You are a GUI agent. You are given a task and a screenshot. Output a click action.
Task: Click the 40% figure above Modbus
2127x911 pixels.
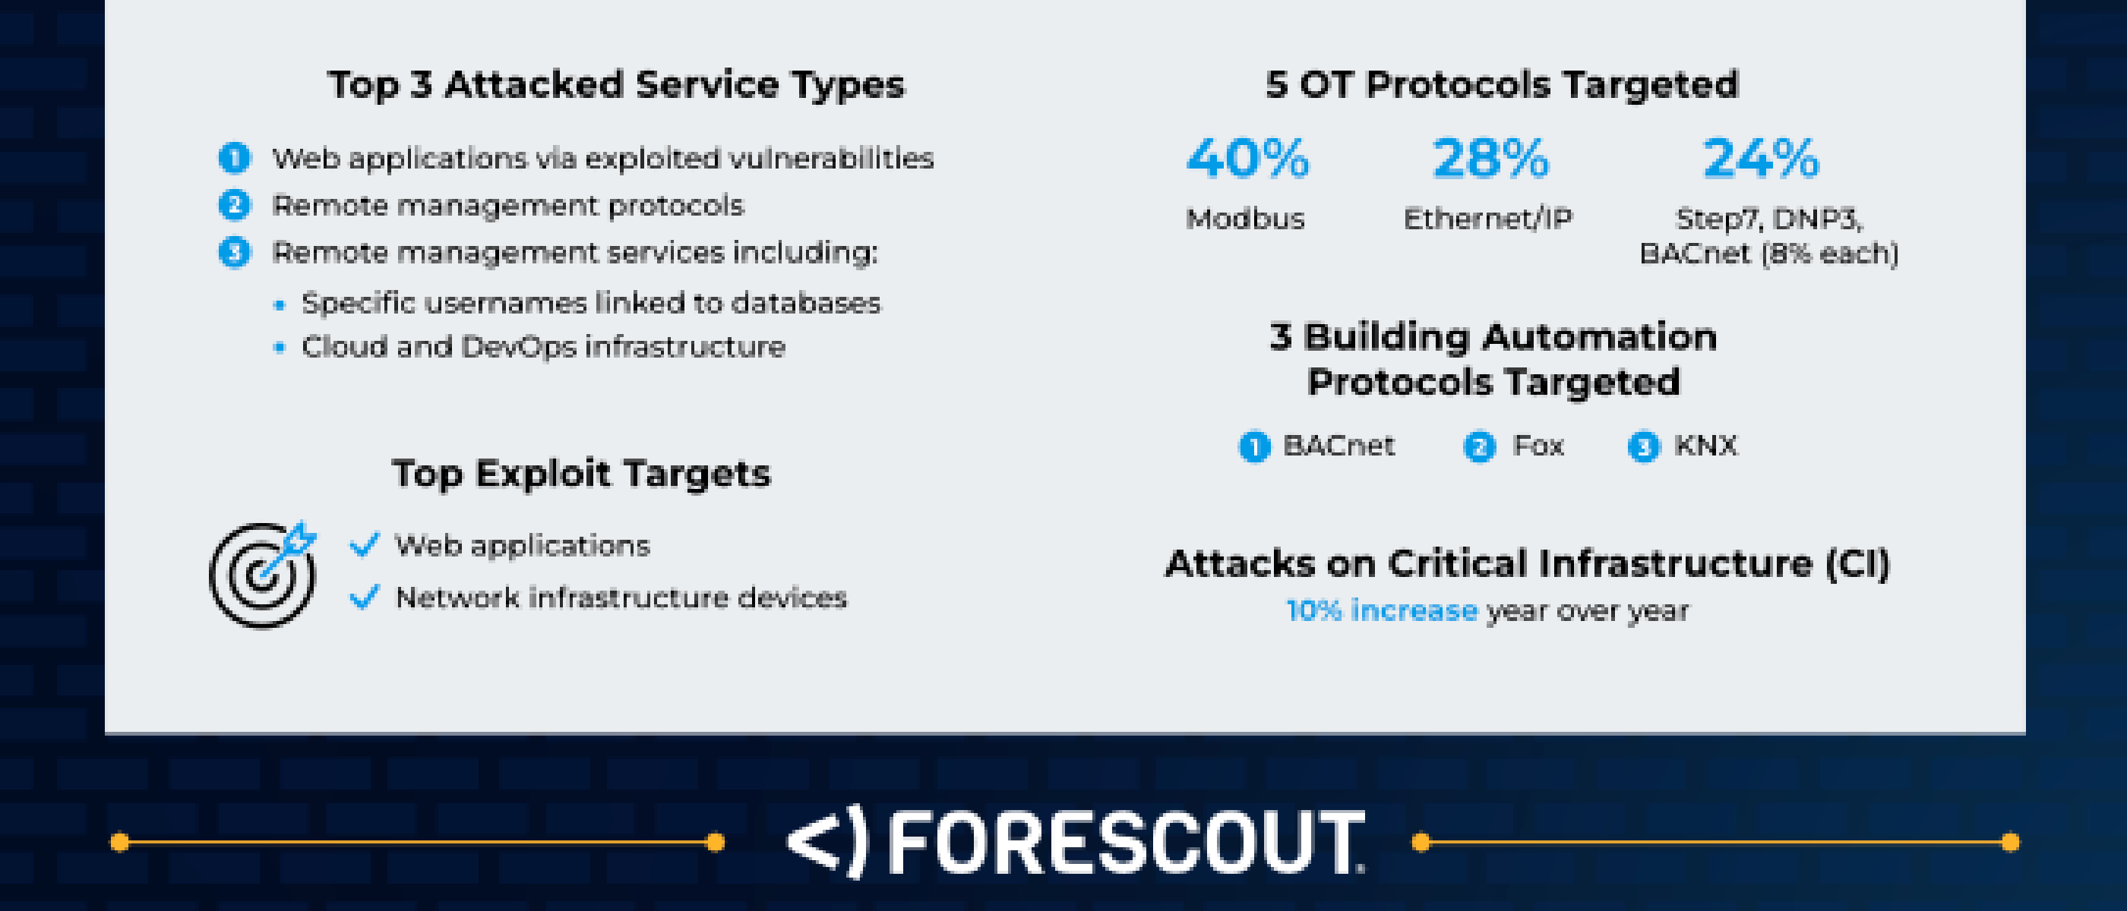(1247, 158)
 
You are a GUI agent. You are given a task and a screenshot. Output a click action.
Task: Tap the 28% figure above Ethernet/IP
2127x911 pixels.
(1490, 158)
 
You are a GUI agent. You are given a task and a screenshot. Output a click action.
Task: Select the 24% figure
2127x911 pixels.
(1760, 158)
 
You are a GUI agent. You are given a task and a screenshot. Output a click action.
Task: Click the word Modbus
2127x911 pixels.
(1245, 219)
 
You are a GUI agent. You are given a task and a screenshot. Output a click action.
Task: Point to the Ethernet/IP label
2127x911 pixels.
(1488, 219)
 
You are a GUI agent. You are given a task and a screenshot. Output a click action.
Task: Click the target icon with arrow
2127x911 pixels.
(263, 573)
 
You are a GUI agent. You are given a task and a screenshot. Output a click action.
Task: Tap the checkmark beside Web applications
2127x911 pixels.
(364, 544)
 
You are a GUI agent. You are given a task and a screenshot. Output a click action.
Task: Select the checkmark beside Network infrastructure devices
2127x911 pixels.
(364, 596)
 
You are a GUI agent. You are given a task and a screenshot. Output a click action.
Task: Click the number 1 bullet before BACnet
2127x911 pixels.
(1254, 446)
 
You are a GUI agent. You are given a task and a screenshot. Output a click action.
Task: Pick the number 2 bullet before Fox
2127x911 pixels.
(1479, 446)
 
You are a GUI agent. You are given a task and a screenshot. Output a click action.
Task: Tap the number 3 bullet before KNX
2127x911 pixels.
(1643, 446)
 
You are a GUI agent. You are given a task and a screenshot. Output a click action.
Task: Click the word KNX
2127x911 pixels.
(1706, 446)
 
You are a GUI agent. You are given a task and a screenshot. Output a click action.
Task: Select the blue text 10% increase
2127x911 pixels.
(1381, 610)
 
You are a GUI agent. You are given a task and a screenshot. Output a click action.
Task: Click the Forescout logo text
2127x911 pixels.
(1127, 842)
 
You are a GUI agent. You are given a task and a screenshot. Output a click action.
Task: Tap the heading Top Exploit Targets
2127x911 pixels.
(580, 474)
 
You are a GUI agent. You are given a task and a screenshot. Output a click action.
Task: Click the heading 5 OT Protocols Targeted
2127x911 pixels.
(1502, 84)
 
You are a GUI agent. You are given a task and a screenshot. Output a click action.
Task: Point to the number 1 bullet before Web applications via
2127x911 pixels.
(234, 158)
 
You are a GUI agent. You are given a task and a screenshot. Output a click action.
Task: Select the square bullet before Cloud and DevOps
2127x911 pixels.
(279, 348)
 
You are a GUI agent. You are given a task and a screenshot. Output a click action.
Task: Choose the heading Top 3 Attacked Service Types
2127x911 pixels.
(616, 84)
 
